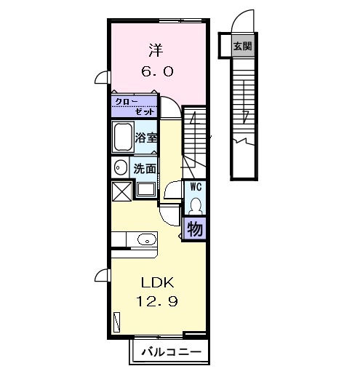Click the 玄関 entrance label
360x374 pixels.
pos(242,46)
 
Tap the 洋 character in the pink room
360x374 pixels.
pos(156,50)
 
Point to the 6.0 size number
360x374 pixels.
pos(157,71)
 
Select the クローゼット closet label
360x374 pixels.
pos(135,107)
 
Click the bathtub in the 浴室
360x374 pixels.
pos(124,137)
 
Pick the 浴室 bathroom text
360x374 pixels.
pos(146,138)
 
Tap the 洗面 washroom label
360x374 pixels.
pos(145,168)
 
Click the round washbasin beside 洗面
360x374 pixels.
pos(121,167)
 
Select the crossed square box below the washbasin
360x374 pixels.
pos(121,191)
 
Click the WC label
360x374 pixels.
pos(196,187)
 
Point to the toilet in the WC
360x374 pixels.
pos(196,206)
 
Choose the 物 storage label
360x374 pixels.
pos(195,229)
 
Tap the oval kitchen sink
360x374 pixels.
pos(147,240)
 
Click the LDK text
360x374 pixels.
pos(157,282)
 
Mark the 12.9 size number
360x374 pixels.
pos(157,301)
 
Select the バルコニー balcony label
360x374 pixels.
pos(172,351)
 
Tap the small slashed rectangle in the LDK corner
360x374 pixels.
pos(117,322)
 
